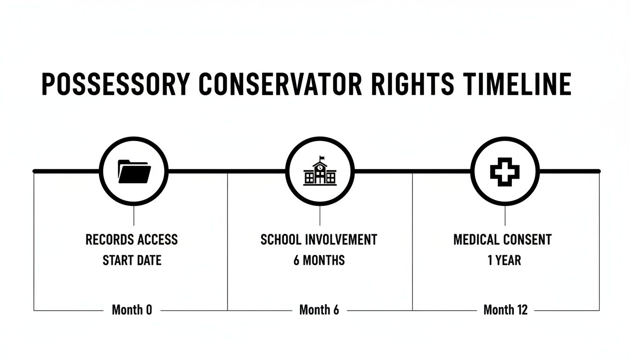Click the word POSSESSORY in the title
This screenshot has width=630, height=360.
pyautogui.click(x=116, y=84)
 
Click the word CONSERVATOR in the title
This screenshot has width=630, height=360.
pyautogui.click(x=280, y=84)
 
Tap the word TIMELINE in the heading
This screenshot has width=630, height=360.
pyautogui.click(x=517, y=84)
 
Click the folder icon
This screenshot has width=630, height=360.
pyautogui.click(x=134, y=171)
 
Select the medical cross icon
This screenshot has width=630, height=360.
pyautogui.click(x=505, y=171)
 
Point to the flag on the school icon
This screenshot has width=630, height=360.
pyautogui.click(x=322, y=157)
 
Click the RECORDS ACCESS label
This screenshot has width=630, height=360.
pyautogui.click(x=132, y=240)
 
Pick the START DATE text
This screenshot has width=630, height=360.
pyautogui.click(x=132, y=260)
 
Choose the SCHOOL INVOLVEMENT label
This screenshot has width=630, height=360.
pyautogui.click(x=319, y=240)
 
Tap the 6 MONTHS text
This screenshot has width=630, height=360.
pyautogui.click(x=319, y=260)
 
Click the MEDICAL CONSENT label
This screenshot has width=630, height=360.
pyautogui.click(x=502, y=240)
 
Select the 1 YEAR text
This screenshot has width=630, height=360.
pyautogui.click(x=504, y=260)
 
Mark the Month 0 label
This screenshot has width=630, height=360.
pyautogui.click(x=132, y=310)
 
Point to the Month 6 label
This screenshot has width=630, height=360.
pyautogui.click(x=319, y=310)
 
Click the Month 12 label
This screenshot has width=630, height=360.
pyautogui.click(x=505, y=310)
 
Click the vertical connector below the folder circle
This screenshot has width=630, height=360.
pyautogui.click(x=134, y=216)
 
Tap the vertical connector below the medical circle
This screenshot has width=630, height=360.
pyautogui.click(x=505, y=216)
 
